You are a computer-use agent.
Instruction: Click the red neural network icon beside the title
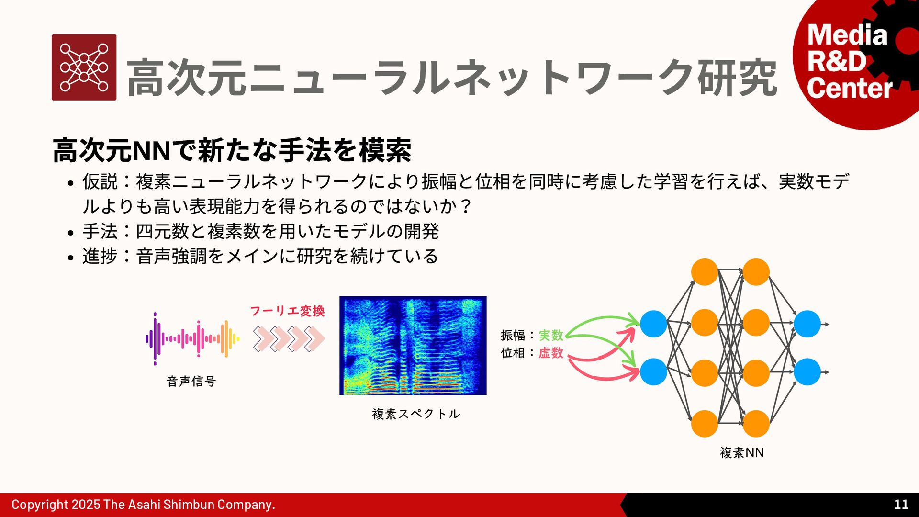[84, 67]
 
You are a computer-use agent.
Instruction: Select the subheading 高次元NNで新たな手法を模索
[232, 150]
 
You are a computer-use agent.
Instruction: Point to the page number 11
[901, 504]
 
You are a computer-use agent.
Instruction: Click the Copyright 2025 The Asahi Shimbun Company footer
[143, 505]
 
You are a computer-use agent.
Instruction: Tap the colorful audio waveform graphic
[192, 339]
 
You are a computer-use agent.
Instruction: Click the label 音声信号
[191, 381]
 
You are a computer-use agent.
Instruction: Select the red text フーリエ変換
[287, 311]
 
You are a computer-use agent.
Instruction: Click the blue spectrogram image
[413, 346]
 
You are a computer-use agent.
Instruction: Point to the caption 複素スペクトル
[416, 414]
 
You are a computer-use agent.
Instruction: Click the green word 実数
[551, 335]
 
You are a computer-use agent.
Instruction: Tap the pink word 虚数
[551, 353]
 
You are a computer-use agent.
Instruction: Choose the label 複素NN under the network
[741, 452]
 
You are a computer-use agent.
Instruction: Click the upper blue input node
[653, 324]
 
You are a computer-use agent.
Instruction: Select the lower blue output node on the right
[807, 372]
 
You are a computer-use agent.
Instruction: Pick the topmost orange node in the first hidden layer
[705, 272]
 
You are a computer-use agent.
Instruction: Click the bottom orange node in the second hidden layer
[756, 424]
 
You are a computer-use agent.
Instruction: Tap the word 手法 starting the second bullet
[100, 231]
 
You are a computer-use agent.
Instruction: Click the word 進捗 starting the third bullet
[100, 256]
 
